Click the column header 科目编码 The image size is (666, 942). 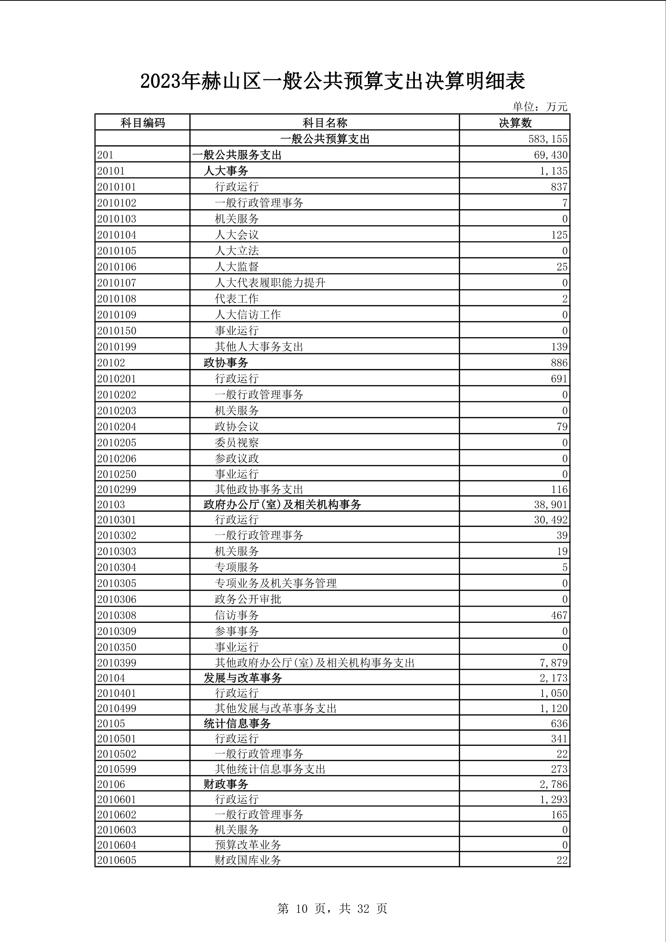pyautogui.click(x=142, y=123)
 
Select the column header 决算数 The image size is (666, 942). pyautogui.click(x=515, y=123)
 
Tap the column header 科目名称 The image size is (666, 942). pyautogui.click(x=324, y=123)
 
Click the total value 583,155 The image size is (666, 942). pyautogui.click(x=548, y=139)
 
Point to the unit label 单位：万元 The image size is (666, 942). pyautogui.click(x=540, y=107)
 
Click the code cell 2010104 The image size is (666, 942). pyautogui.click(x=117, y=235)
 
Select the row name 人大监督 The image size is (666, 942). pyautogui.click(x=237, y=267)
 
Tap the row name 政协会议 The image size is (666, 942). pyautogui.click(x=237, y=426)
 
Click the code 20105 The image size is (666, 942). pyautogui.click(x=111, y=724)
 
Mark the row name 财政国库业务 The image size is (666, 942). pyautogui.click(x=248, y=860)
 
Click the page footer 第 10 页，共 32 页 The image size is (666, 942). pyautogui.click(x=332, y=908)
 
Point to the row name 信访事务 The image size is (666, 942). pyautogui.click(x=237, y=615)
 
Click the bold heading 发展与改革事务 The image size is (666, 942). pyautogui.click(x=243, y=678)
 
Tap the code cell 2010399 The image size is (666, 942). pyautogui.click(x=117, y=663)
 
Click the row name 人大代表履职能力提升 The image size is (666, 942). pyautogui.click(x=270, y=283)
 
